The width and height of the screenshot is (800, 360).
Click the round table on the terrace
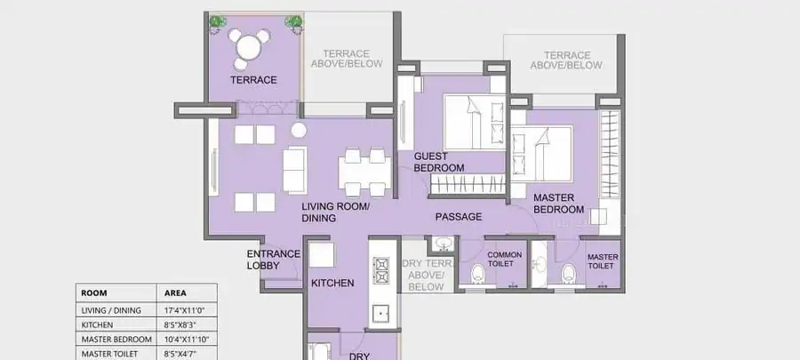pos(249,48)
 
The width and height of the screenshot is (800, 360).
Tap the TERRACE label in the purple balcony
pos(253,80)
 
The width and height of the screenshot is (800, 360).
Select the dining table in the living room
pos(364,172)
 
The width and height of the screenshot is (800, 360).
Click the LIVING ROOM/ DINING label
pos(335,212)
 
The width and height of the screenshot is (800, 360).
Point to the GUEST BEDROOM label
pos(439,162)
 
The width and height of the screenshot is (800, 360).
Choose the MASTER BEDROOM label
pos(559,204)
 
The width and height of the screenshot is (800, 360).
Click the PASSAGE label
pos(458,217)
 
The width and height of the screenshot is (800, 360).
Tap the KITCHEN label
pos(332,283)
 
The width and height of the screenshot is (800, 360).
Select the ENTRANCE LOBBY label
pos(274,260)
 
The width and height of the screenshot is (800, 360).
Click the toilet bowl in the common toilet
pos(478,274)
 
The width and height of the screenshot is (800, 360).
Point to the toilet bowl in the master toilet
pos(569,274)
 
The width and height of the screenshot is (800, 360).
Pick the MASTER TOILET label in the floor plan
pos(603,261)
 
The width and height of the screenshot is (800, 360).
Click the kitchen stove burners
pos(380,271)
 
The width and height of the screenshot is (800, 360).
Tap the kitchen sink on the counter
pos(380,315)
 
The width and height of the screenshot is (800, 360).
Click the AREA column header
pos(175,293)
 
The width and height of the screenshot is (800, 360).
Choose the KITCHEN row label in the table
pos(97,324)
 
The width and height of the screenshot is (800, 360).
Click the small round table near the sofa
pos(299,131)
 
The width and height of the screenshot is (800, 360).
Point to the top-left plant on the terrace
pos(218,22)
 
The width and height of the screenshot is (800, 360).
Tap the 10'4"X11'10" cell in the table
pos(187,340)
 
